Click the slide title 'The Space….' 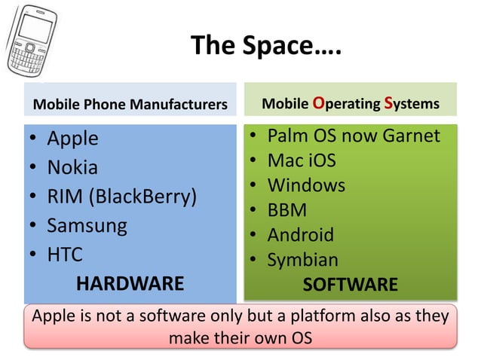pos(266,47)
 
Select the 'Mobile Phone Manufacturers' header pos(130,104)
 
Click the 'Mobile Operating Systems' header pos(350,102)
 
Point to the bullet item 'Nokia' pos(72,167)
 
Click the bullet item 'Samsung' pos(87,224)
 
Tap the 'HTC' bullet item pos(65,254)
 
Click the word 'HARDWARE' pos(130,283)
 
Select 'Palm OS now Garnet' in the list pos(354,136)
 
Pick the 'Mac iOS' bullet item pos(302,160)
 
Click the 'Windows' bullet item pos(306,185)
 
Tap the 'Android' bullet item pos(300,235)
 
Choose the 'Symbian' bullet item pos(303,260)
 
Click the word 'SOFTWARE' pos(350,285)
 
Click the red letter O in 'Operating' pos(318,102)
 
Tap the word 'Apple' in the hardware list pos(72,139)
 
